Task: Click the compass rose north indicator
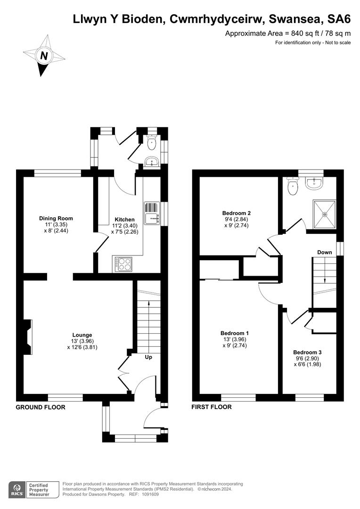44,56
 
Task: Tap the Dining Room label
56,219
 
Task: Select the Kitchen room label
125,220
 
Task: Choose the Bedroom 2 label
236,212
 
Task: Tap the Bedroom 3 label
307,352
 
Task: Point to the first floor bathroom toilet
293,186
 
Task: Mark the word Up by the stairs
148,357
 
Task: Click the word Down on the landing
324,252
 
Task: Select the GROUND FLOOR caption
41,407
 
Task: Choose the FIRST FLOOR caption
211,407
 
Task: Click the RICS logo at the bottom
18,488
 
